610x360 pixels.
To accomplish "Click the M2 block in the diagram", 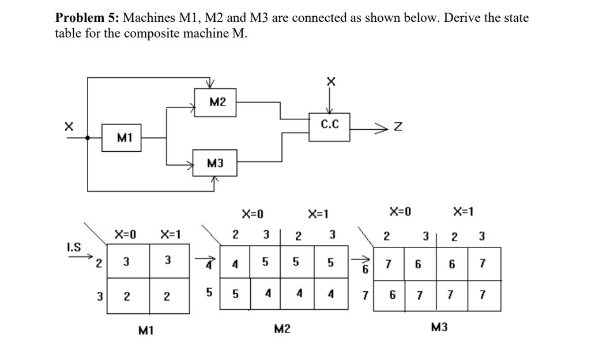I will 217,103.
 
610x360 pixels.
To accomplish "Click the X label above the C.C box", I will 330,83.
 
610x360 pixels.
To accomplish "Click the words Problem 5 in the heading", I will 82,18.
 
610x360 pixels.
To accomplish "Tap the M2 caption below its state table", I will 281,329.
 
